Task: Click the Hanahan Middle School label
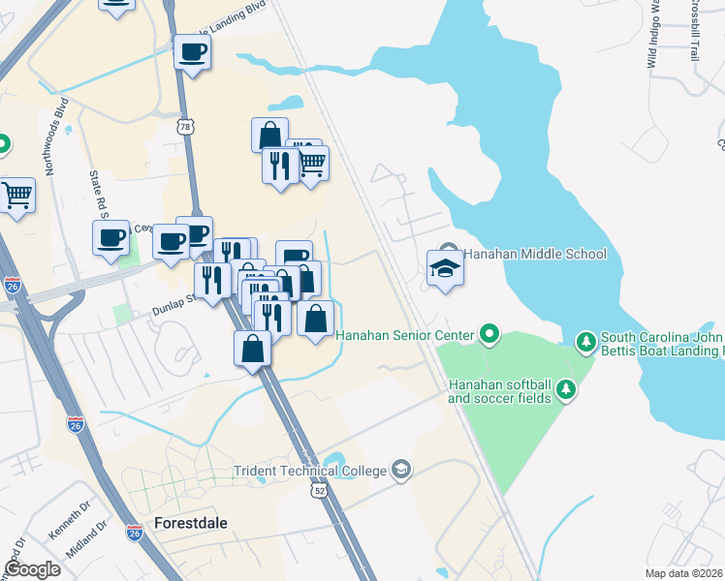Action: (534, 254)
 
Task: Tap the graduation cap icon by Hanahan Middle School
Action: (446, 266)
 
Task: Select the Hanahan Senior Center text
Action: (405, 335)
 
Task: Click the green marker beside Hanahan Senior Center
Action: (489, 335)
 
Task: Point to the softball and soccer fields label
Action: (498, 390)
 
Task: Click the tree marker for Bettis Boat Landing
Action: (585, 341)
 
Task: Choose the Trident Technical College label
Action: (309, 472)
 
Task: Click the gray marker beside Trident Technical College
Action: (399, 472)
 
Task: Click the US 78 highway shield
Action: (186, 126)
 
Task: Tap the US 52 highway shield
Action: (319, 491)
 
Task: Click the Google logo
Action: (32, 569)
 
